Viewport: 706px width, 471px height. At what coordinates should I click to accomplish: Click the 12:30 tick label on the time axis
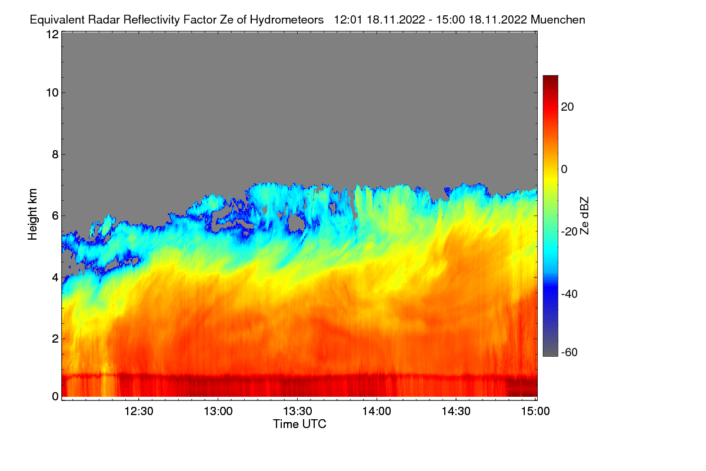click(x=139, y=412)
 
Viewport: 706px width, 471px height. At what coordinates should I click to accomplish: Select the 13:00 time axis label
click(x=218, y=412)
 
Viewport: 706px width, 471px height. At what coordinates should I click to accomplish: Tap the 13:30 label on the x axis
click(x=298, y=412)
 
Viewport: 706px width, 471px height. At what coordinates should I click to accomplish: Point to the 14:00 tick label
click(x=377, y=412)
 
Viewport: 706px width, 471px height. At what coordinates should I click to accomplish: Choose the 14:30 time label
click(x=456, y=412)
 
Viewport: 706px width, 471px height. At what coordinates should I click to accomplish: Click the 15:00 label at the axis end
click(x=535, y=412)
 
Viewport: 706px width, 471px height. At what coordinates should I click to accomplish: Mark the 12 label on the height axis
click(x=52, y=34)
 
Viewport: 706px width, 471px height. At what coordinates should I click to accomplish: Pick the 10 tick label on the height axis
click(x=52, y=93)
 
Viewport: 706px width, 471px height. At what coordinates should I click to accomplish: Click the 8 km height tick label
click(x=55, y=155)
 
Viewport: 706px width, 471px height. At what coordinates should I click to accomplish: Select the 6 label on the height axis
click(x=55, y=216)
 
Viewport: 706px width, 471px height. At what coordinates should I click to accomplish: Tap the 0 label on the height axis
click(x=55, y=397)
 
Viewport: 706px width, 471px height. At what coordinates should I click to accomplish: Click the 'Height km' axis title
click(x=32, y=214)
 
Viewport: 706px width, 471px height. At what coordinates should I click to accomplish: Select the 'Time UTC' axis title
click(x=299, y=424)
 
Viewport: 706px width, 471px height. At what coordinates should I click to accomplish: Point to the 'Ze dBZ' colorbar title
click(x=584, y=216)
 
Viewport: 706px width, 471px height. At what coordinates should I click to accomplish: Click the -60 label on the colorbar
click(x=570, y=353)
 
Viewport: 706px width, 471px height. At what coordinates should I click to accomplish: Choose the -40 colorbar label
click(x=570, y=294)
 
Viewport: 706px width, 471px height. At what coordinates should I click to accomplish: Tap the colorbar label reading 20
click(x=567, y=107)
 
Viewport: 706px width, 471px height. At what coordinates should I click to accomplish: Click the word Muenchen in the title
click(x=558, y=20)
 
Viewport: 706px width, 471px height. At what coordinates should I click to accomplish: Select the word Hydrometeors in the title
click(x=287, y=20)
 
